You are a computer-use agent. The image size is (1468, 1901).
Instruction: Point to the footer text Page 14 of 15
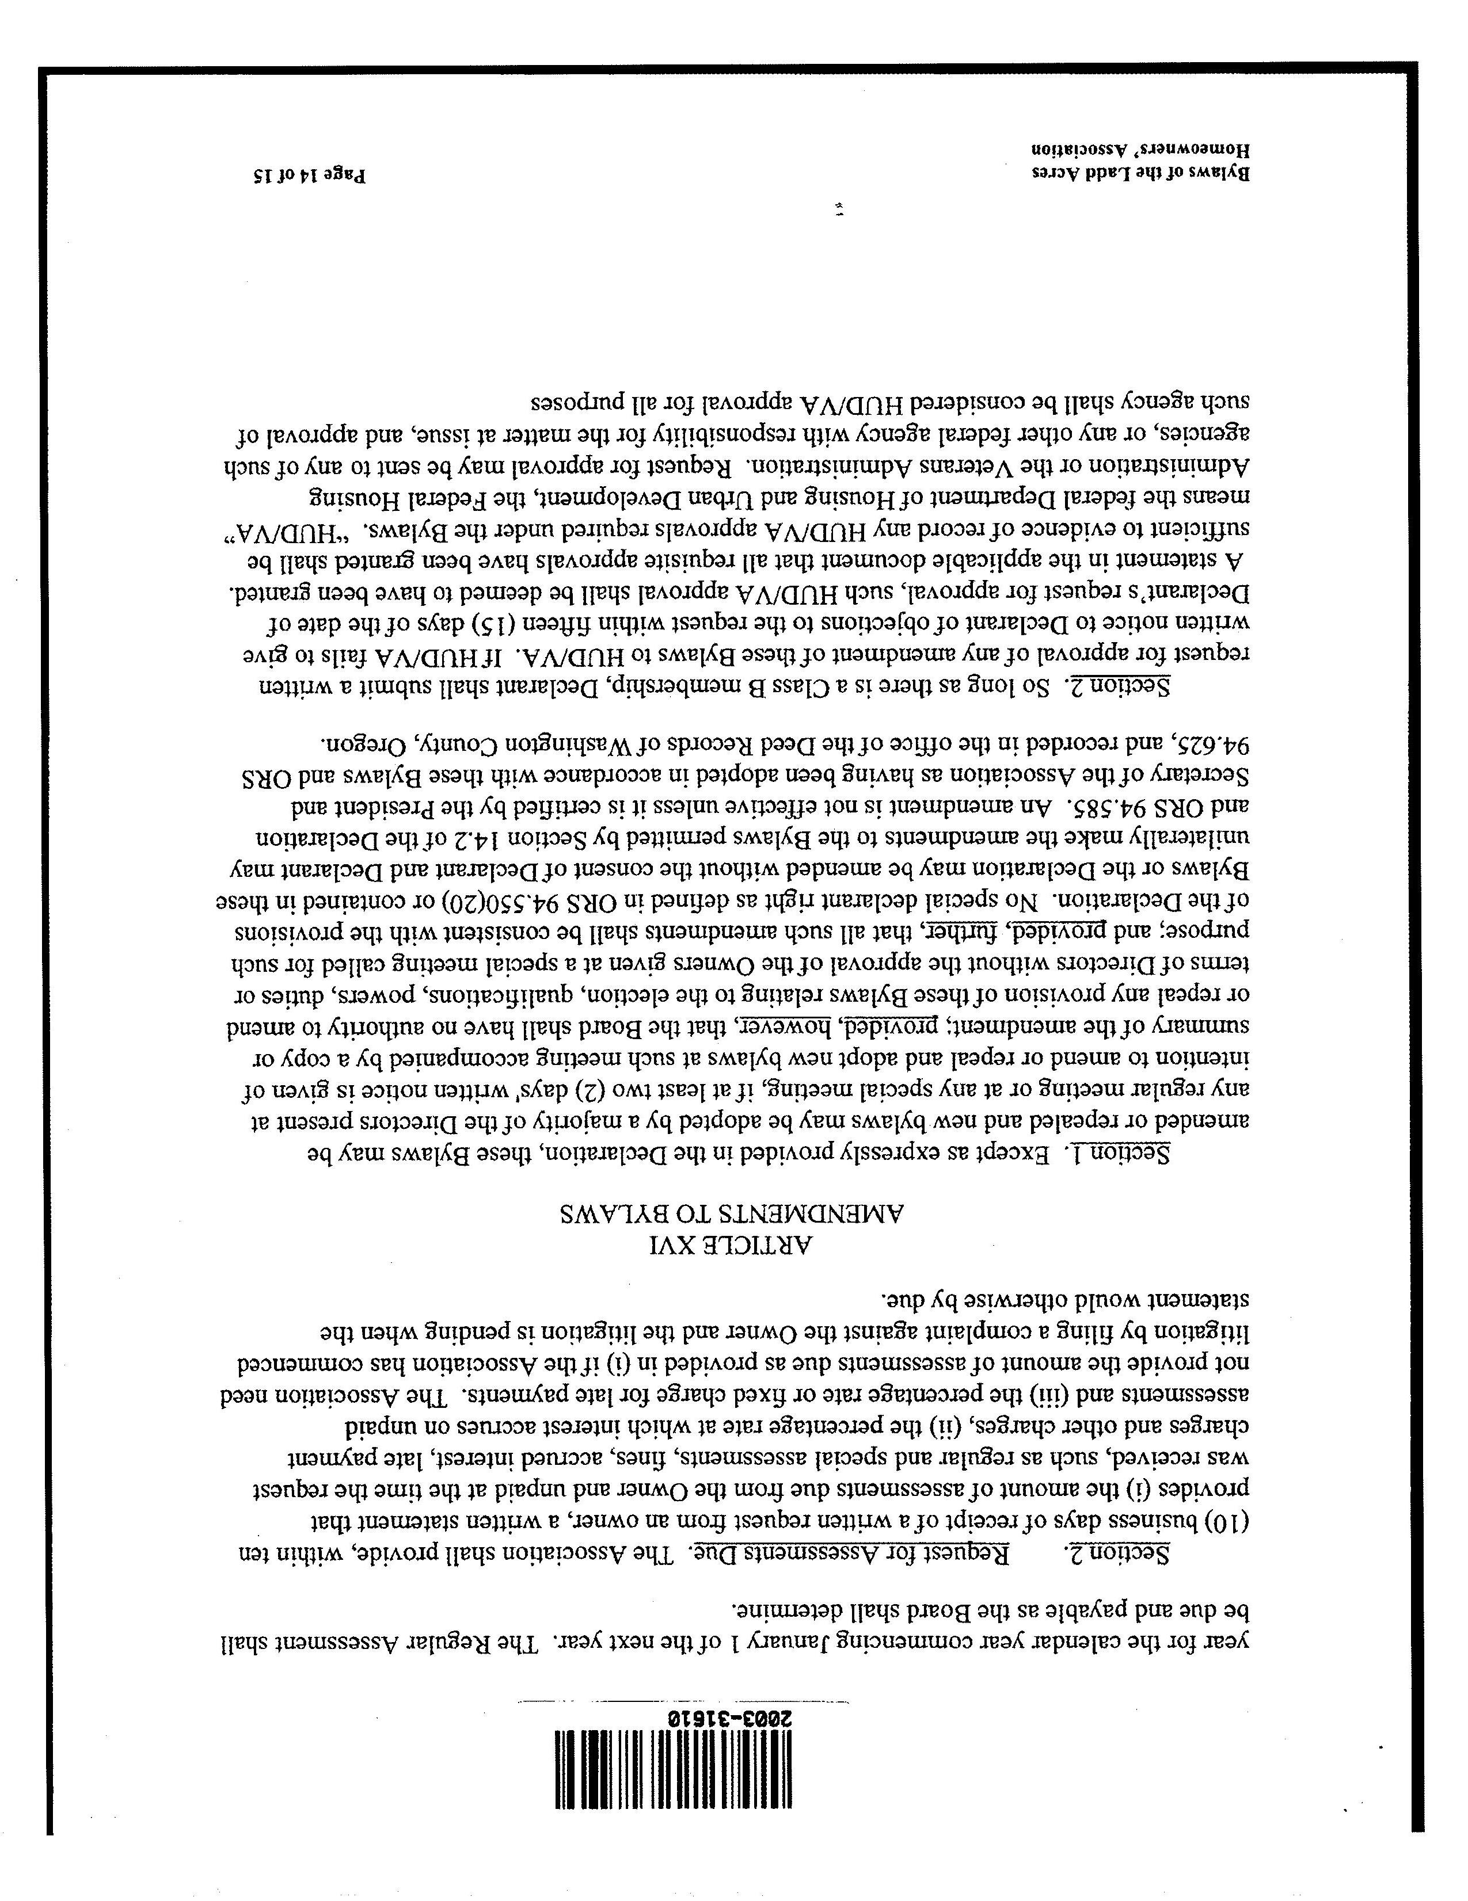click(x=309, y=176)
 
